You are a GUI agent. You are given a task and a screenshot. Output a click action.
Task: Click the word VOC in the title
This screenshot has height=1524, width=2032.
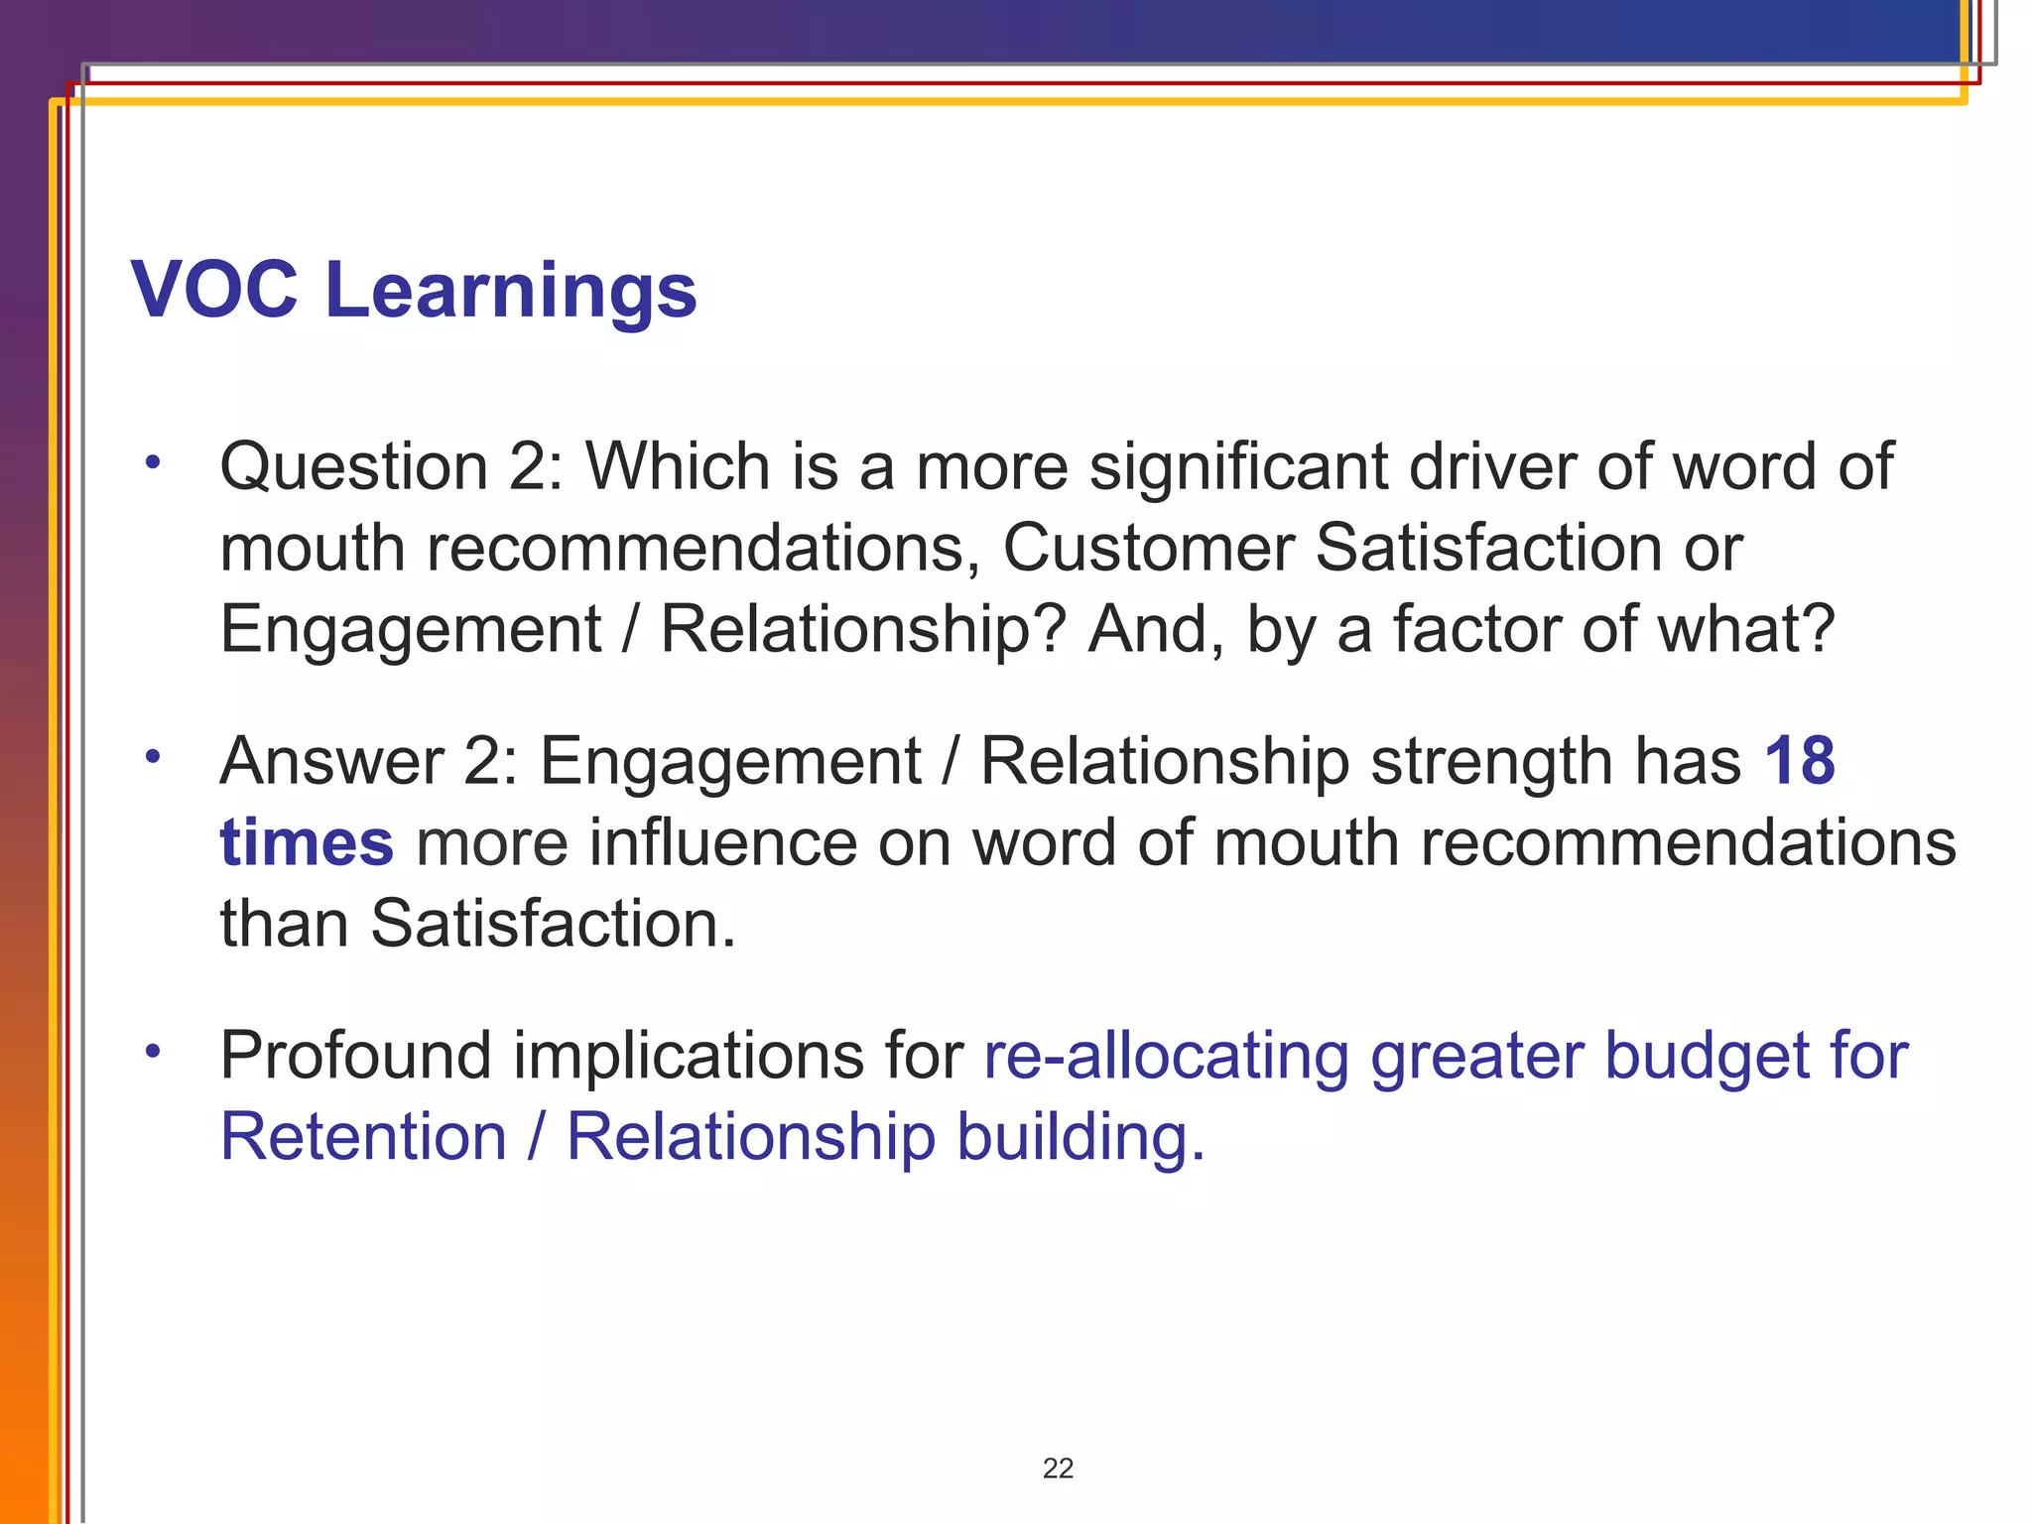214,290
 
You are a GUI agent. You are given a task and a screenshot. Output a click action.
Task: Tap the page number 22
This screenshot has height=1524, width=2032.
1058,1468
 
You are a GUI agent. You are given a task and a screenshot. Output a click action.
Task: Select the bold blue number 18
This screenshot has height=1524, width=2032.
1799,761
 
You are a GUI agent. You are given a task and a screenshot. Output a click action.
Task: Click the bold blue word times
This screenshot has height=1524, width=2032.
307,843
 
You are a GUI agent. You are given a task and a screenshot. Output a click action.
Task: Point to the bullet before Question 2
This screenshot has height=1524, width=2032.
152,462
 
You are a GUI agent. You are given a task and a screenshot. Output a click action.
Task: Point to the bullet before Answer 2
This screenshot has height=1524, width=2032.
152,757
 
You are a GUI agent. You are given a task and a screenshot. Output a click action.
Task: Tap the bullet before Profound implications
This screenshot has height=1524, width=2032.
152,1051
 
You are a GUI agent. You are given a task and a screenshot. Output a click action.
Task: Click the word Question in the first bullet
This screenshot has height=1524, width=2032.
353,468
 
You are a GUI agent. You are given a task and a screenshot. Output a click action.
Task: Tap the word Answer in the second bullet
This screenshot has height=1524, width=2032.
331,763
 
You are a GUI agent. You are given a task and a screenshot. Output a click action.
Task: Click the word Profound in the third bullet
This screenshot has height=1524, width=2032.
355,1055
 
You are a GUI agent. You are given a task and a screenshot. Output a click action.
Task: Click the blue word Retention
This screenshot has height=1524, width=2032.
363,1137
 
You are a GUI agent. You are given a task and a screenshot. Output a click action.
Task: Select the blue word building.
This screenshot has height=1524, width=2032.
1080,1139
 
